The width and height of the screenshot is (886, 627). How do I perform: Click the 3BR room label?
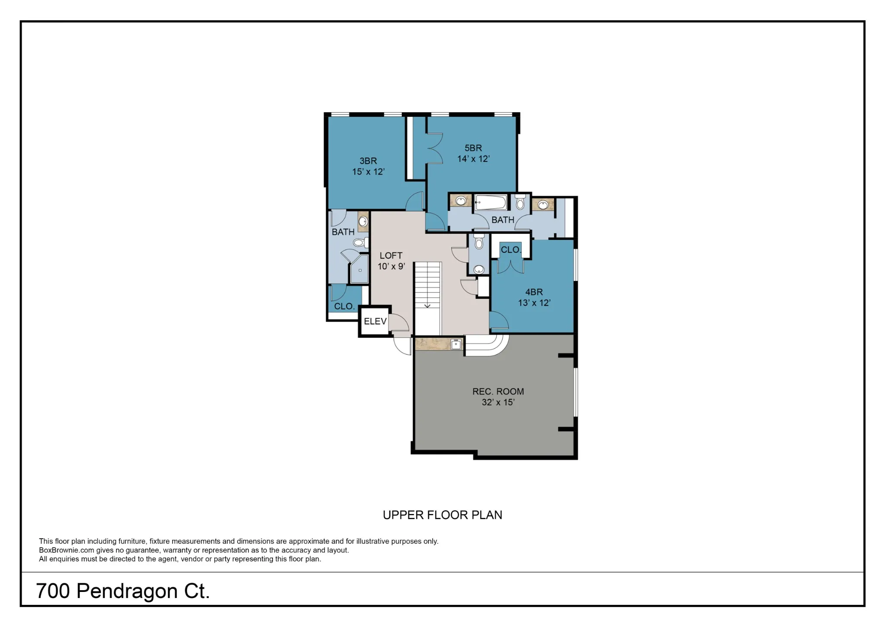tap(368, 161)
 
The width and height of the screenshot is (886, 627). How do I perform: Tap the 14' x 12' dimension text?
tap(473, 159)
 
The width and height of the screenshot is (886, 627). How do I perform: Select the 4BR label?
tap(534, 292)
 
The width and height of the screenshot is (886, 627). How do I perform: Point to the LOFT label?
tap(391, 255)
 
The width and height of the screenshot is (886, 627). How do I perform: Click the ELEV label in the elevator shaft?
tap(375, 321)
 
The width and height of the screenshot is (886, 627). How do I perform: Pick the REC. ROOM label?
tap(498, 391)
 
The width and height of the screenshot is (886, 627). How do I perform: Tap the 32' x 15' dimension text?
tap(498, 402)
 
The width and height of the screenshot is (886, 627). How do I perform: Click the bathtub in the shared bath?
tap(491, 202)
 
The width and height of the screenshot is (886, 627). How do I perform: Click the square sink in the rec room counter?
tap(456, 345)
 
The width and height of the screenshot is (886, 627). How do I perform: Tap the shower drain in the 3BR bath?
tap(360, 271)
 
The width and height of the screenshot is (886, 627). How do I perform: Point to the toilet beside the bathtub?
tap(520, 202)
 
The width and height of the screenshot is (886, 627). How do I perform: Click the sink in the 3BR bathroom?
tap(363, 221)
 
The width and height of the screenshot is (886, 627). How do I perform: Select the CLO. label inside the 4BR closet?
tap(511, 250)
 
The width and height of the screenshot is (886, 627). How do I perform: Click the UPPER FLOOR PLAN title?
tap(443, 515)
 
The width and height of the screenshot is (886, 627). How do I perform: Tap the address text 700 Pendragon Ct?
tap(123, 591)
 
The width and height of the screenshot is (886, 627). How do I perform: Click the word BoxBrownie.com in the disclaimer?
tap(67, 550)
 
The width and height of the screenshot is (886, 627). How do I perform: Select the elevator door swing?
tap(398, 323)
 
